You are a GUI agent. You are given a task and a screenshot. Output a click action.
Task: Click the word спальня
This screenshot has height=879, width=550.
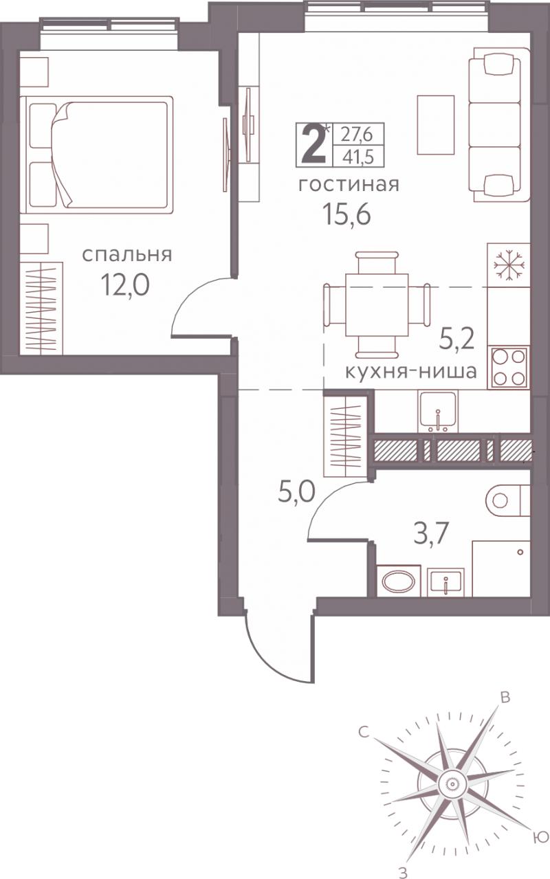pos(126,255)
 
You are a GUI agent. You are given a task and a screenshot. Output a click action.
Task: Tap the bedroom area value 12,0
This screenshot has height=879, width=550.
pos(125,285)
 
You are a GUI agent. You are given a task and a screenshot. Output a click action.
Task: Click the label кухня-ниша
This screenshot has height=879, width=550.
pos(411,371)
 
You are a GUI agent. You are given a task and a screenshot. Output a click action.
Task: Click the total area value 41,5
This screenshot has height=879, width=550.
pos(357,157)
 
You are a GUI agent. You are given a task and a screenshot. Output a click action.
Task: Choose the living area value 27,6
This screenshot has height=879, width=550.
pos(356,135)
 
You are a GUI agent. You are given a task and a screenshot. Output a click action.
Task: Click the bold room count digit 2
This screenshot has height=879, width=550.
pos(313,144)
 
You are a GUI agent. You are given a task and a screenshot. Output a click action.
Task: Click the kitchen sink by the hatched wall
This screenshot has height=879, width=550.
pos(438,411)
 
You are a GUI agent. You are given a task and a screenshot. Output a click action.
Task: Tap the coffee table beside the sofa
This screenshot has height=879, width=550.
pos(436,125)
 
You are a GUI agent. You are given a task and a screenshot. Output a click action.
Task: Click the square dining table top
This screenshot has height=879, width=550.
pos(377,305)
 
